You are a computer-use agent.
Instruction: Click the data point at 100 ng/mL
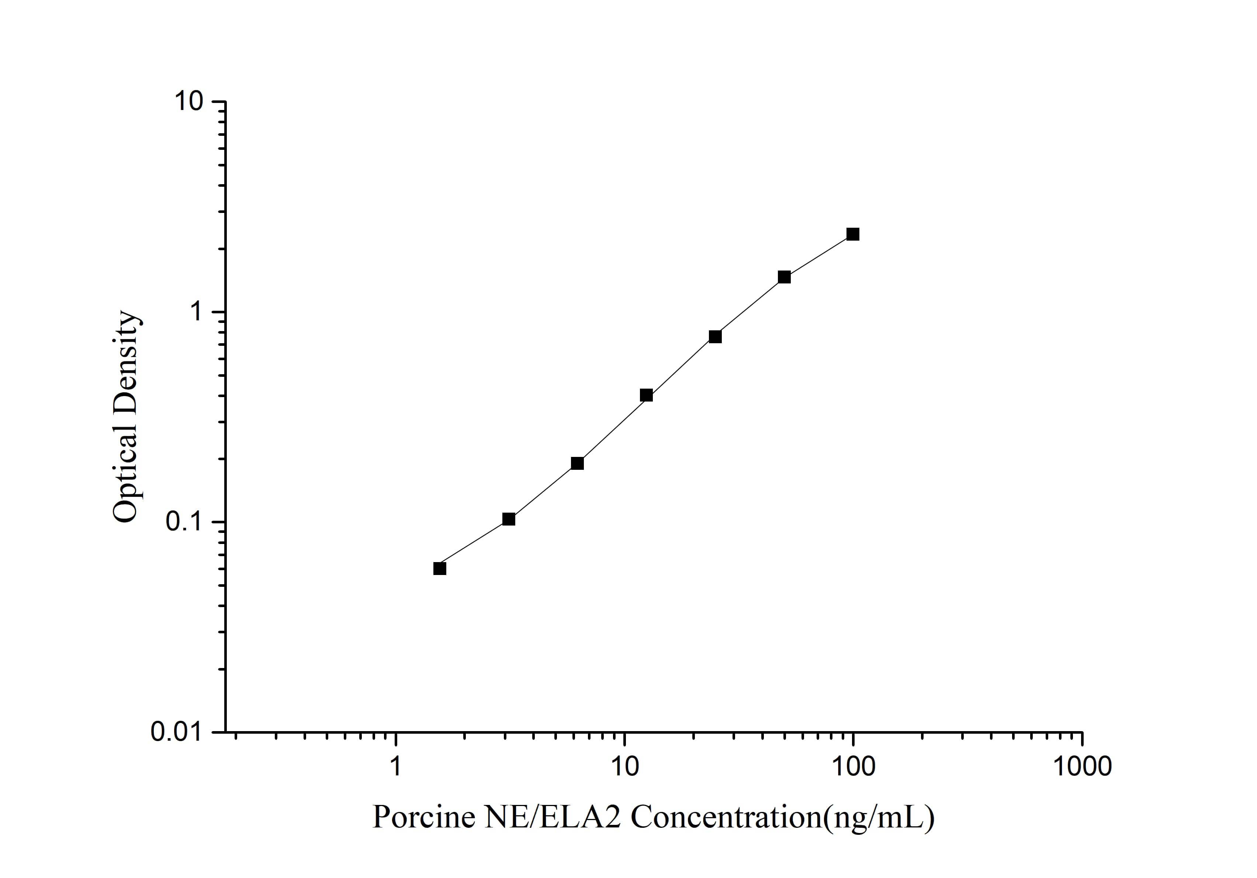click(852, 234)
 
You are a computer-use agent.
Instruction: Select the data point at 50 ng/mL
click(784, 277)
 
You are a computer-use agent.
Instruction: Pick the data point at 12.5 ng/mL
click(646, 396)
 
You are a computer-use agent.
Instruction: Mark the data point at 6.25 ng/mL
click(577, 464)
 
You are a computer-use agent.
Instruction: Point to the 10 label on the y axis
click(188, 102)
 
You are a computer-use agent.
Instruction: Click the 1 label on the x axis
click(395, 766)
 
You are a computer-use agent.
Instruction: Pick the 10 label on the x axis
click(624, 766)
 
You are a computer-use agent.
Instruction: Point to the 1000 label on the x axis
click(1082, 766)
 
